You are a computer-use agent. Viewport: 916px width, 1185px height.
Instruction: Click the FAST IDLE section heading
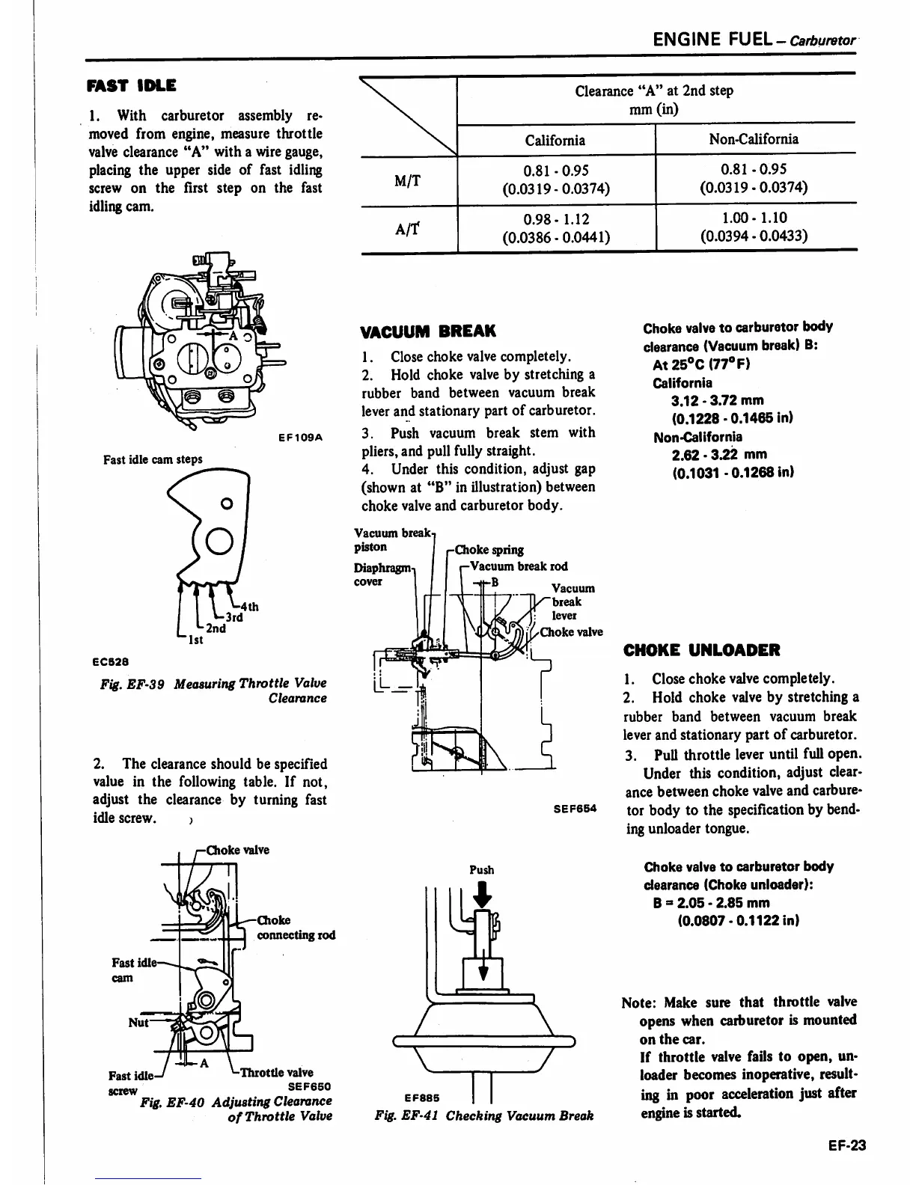(x=131, y=85)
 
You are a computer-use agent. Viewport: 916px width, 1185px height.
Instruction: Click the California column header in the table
(x=555, y=140)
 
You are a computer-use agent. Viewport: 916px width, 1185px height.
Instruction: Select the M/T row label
(x=407, y=180)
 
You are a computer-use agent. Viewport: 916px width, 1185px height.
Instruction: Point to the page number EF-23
(x=846, y=1145)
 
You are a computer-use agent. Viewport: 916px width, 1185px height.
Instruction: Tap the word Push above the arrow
(x=482, y=870)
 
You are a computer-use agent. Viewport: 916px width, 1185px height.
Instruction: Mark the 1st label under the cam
(x=193, y=640)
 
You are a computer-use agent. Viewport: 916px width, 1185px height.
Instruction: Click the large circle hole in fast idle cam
(x=219, y=540)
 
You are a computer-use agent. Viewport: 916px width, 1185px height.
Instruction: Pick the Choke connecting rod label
(x=296, y=928)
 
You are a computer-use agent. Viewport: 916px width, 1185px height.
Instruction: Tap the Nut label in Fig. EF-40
(x=138, y=1022)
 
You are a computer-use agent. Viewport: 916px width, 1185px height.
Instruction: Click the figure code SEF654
(x=575, y=809)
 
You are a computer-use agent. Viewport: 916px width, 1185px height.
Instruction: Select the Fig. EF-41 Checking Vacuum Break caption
(x=483, y=1115)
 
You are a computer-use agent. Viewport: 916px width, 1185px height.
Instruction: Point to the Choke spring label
(x=489, y=550)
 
